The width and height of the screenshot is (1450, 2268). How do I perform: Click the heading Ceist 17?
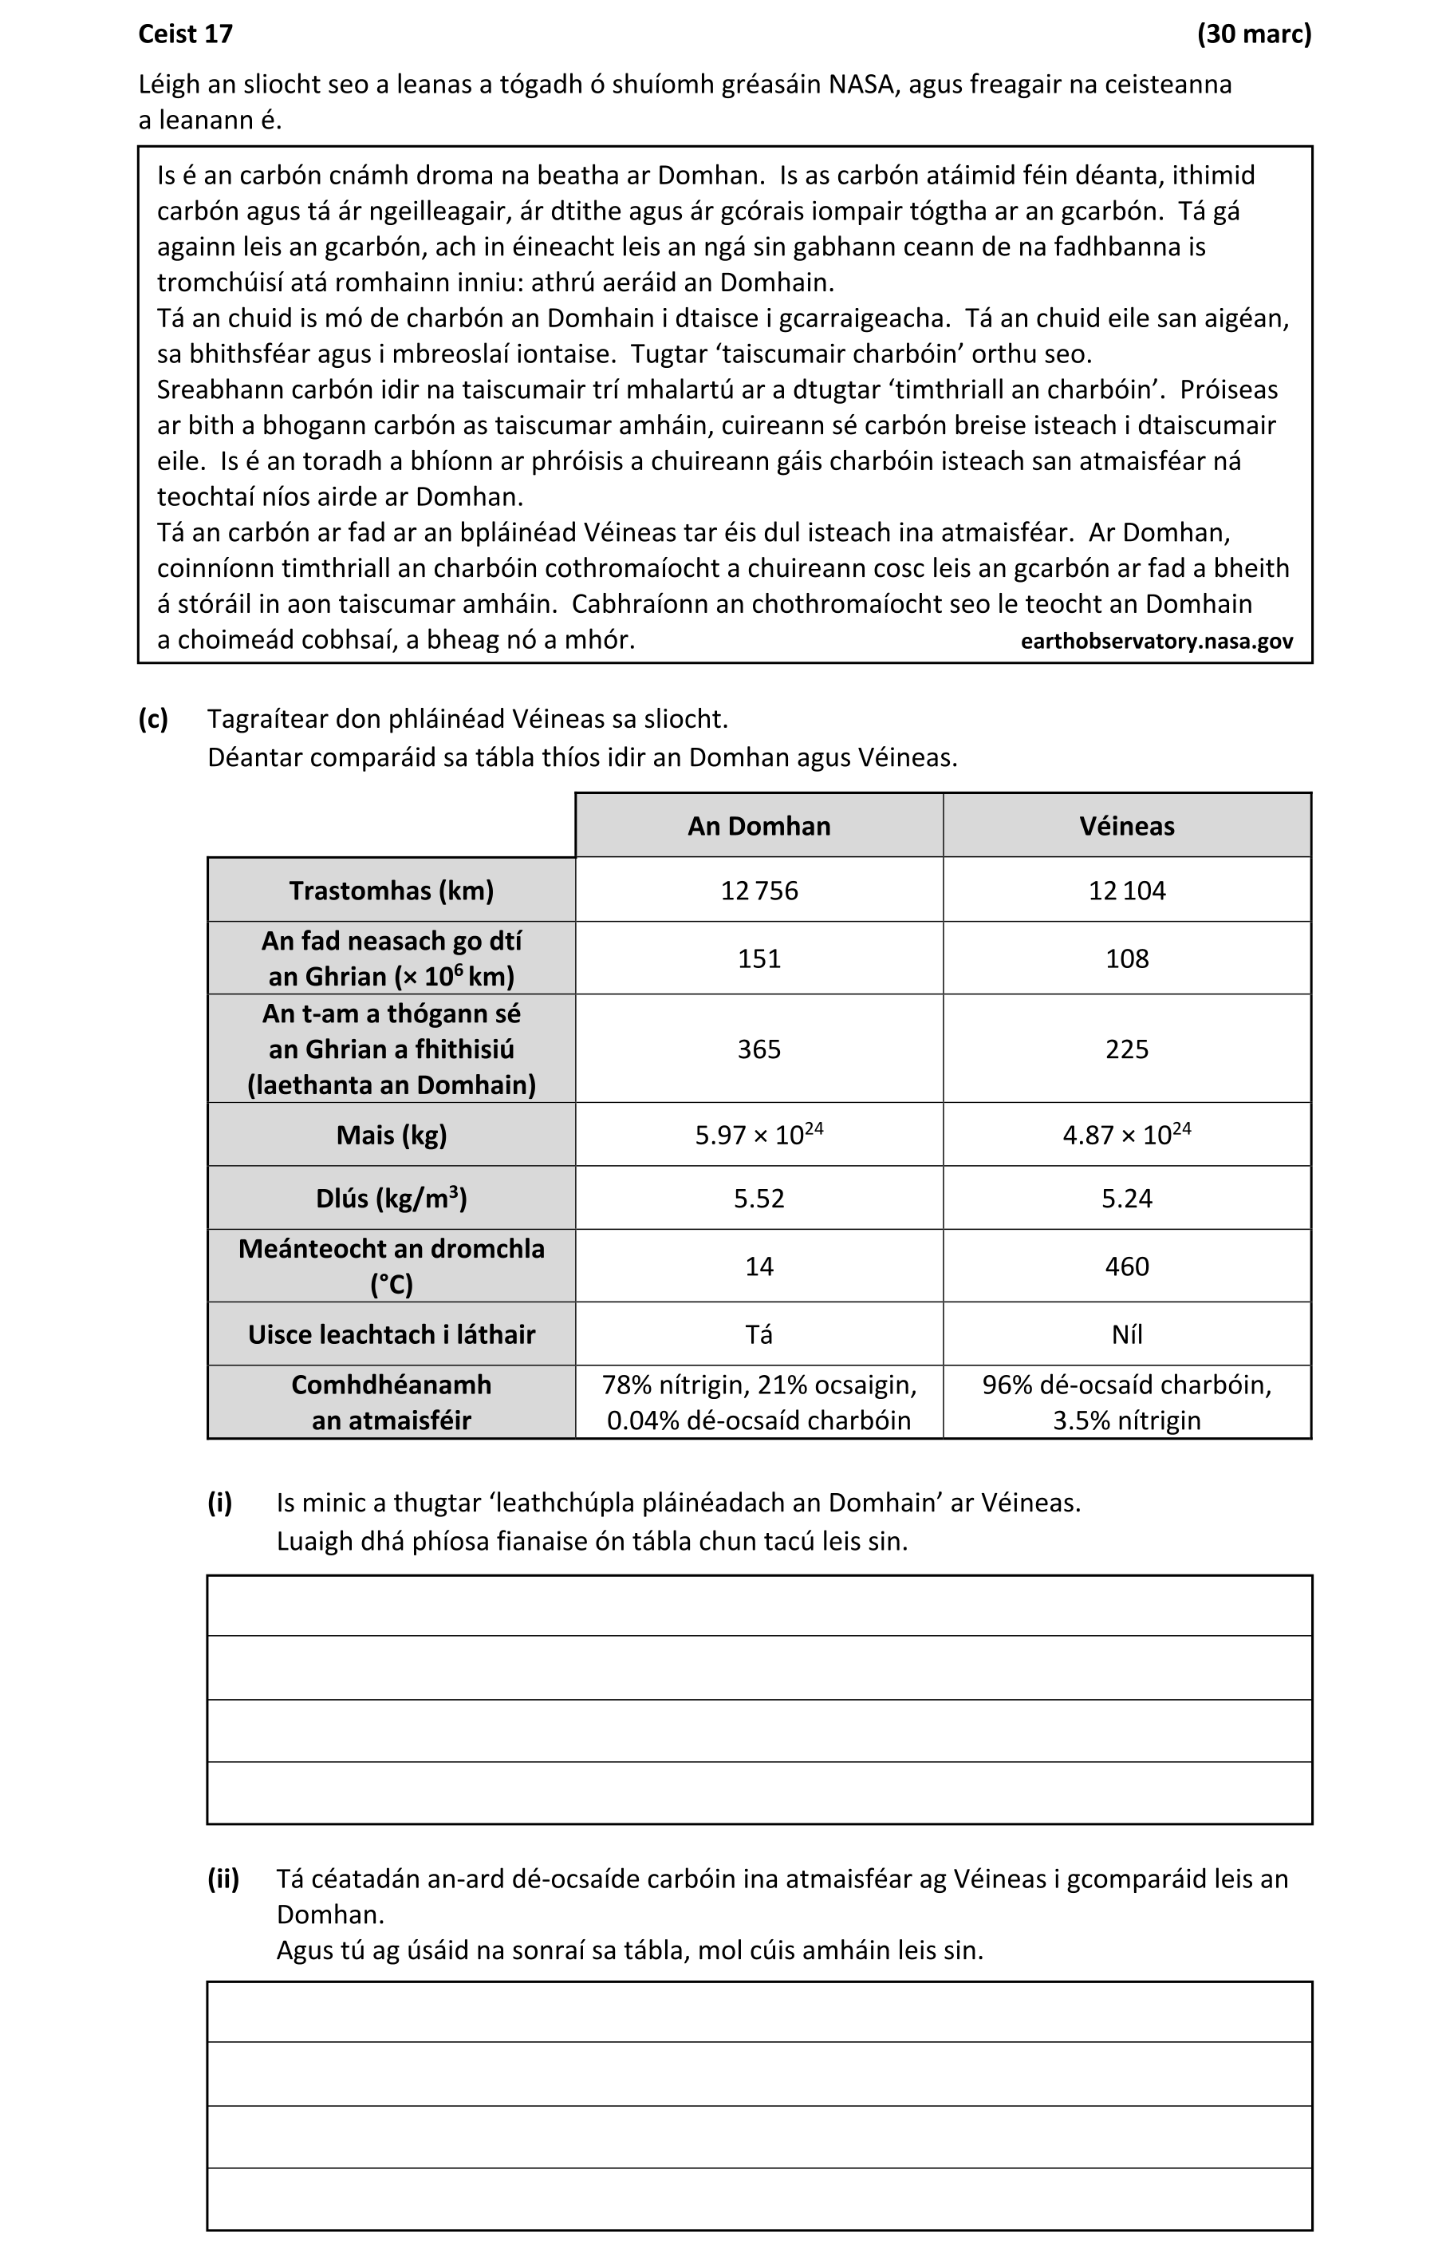[186, 34]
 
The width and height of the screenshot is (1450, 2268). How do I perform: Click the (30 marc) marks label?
[1253, 34]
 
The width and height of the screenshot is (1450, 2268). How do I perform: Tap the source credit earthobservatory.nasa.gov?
[1156, 642]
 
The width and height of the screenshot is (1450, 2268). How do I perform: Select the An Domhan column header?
[758, 826]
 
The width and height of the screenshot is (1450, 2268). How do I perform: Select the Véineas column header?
[1126, 826]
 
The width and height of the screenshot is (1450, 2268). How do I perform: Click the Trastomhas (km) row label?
[391, 890]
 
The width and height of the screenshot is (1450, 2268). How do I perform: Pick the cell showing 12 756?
[758, 890]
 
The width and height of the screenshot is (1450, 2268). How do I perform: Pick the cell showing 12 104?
[1126, 890]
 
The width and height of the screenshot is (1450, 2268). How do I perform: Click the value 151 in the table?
[758, 958]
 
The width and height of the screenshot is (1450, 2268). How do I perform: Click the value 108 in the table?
[1126, 958]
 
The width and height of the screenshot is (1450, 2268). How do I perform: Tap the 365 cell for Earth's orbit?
[758, 1049]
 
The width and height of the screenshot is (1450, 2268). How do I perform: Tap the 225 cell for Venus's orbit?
[1126, 1049]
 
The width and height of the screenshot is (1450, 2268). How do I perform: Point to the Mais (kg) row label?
[391, 1135]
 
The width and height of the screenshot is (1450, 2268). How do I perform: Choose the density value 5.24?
[1126, 1198]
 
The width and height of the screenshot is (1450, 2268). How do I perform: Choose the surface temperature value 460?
[1126, 1266]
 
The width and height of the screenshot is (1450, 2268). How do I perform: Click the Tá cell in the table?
[758, 1334]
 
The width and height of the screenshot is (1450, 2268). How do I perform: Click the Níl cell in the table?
[1126, 1334]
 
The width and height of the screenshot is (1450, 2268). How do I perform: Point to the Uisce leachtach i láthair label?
[391, 1334]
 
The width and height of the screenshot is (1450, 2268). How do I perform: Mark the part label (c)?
[153, 720]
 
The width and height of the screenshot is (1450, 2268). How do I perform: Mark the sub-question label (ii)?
[223, 1879]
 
